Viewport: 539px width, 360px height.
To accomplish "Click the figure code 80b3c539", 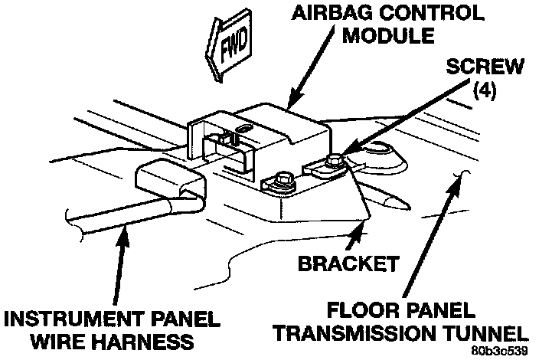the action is [500, 351].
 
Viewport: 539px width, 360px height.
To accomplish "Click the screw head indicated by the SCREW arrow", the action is [335, 162].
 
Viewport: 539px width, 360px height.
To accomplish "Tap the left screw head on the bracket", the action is [278, 182].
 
